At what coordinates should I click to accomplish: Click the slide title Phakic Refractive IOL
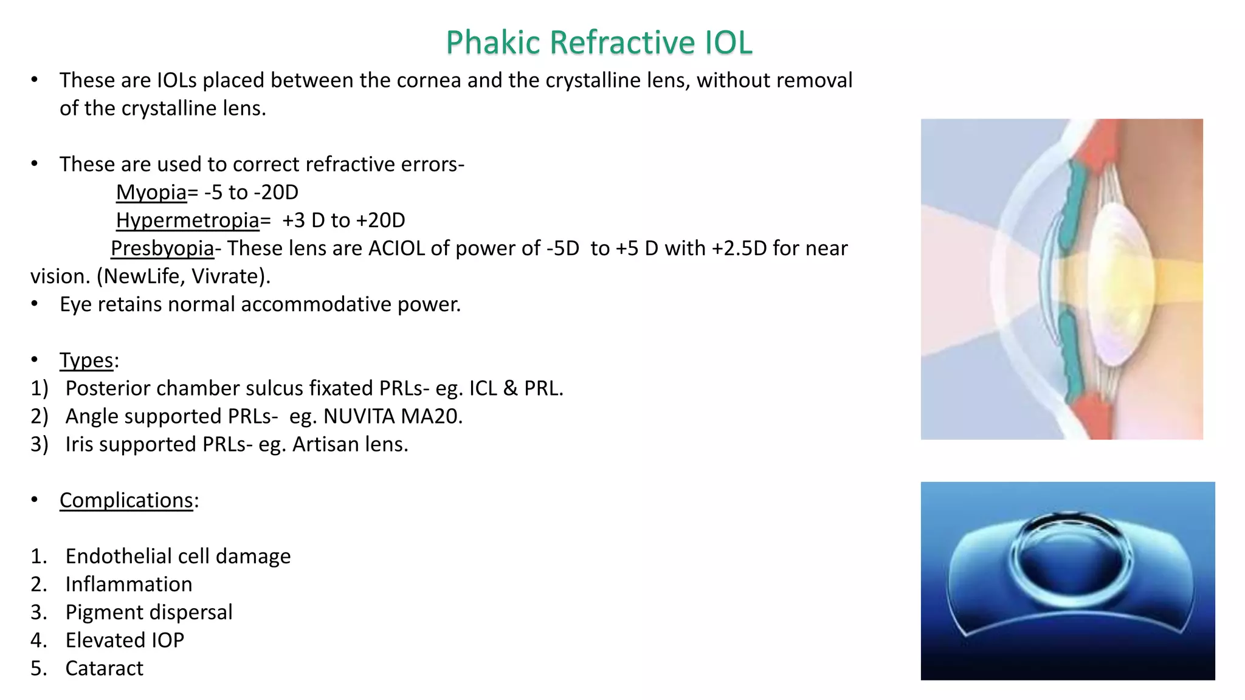(x=599, y=43)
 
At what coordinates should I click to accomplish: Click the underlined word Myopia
(x=151, y=192)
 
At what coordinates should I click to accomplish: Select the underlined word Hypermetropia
(x=188, y=220)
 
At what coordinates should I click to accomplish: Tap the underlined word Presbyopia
(x=162, y=248)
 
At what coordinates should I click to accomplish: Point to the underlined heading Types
(x=86, y=360)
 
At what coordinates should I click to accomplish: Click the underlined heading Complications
(x=126, y=500)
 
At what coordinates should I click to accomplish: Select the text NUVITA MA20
(x=392, y=416)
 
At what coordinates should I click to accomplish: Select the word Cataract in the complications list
(x=105, y=668)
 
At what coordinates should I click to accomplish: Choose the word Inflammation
(x=129, y=584)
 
